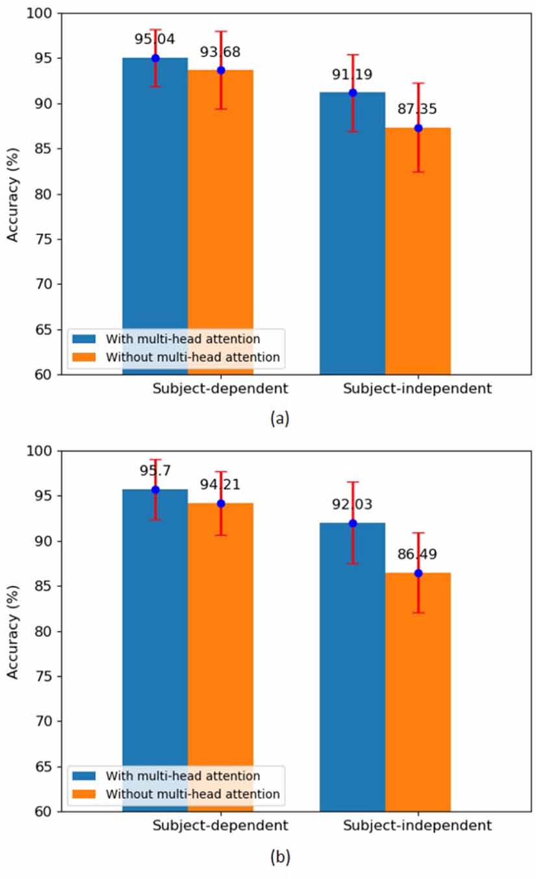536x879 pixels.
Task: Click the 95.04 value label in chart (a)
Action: click(x=155, y=39)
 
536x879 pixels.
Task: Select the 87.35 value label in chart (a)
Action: click(x=417, y=109)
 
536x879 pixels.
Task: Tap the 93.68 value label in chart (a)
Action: click(x=220, y=51)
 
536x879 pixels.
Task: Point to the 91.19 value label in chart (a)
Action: click(x=352, y=75)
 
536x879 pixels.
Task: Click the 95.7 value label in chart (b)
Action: click(x=155, y=471)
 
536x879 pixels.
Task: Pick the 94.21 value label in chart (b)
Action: click(x=220, y=484)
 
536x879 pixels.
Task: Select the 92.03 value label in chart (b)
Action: click(x=352, y=504)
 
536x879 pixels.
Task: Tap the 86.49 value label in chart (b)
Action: click(x=417, y=554)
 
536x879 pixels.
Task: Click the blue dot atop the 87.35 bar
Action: click(x=418, y=128)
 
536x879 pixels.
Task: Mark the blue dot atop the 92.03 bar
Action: click(x=352, y=523)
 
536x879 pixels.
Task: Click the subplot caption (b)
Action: click(x=280, y=857)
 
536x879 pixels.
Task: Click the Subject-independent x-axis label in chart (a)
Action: click(x=417, y=390)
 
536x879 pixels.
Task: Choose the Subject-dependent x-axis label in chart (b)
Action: click(x=220, y=826)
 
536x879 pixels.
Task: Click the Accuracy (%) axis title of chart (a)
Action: click(x=13, y=193)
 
